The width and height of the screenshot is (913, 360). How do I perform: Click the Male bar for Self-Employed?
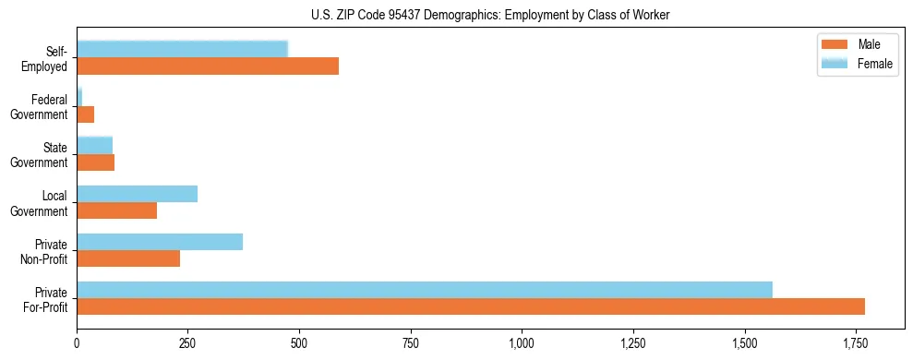point(208,66)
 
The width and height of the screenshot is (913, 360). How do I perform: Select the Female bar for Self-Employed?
point(183,49)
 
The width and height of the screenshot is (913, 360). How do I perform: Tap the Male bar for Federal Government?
point(86,114)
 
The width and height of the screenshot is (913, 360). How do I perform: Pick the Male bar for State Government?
point(96,162)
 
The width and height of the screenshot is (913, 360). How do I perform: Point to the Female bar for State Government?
point(95,145)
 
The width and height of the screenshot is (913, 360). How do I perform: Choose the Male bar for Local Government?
point(117,210)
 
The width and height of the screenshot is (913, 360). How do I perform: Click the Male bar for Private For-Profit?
point(471,306)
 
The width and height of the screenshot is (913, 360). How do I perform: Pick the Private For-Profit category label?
point(45,299)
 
